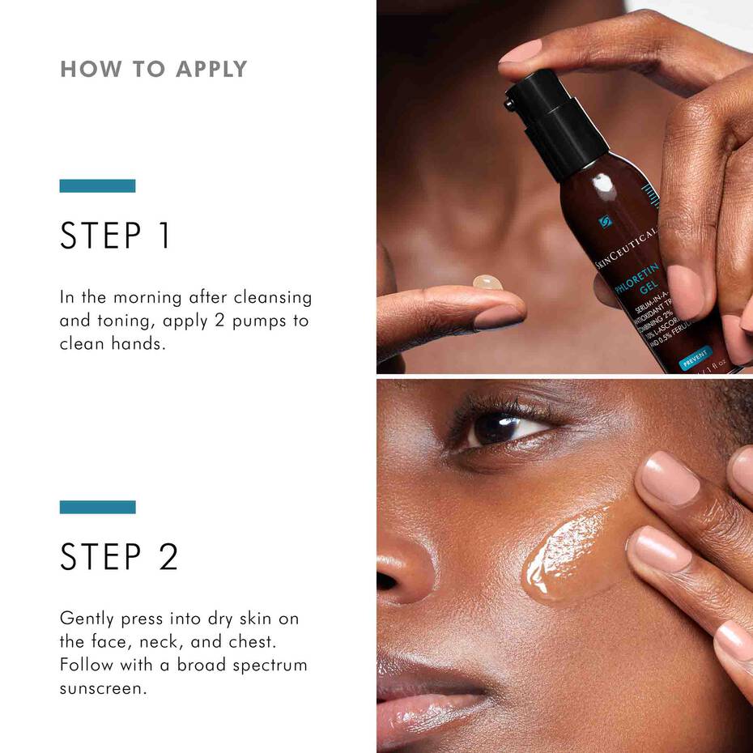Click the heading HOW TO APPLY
click(153, 70)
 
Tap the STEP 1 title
click(115, 236)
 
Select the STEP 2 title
click(119, 557)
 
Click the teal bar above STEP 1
click(97, 186)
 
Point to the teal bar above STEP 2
click(97, 507)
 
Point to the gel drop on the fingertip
click(487, 283)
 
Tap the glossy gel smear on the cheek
click(567, 551)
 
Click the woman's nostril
click(386, 581)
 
